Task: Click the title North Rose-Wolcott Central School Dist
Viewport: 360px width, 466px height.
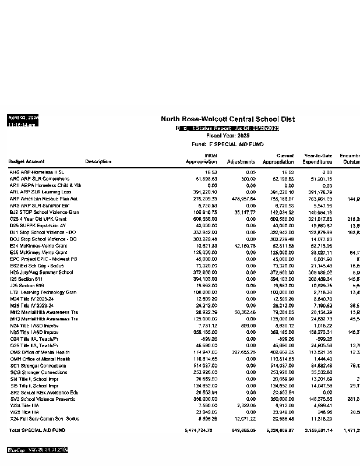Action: tap(227, 119)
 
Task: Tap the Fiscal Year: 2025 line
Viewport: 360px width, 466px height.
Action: tap(227, 136)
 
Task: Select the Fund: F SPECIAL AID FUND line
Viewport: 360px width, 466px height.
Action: tap(227, 144)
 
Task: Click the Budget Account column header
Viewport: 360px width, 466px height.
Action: tap(26, 162)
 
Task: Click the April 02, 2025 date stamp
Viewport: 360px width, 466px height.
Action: tap(23, 118)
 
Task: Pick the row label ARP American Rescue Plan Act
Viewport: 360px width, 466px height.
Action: tap(44, 199)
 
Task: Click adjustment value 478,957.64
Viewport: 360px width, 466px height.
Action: tap(241, 199)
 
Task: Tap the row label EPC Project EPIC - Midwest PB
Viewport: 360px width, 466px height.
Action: tap(44, 259)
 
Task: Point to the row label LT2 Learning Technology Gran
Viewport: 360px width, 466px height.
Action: tap(43, 292)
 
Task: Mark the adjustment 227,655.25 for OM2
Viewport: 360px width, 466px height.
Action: tap(241, 352)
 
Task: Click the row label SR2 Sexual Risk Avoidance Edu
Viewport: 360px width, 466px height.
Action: tap(44, 393)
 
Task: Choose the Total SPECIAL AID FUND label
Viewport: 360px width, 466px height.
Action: tap(37, 430)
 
